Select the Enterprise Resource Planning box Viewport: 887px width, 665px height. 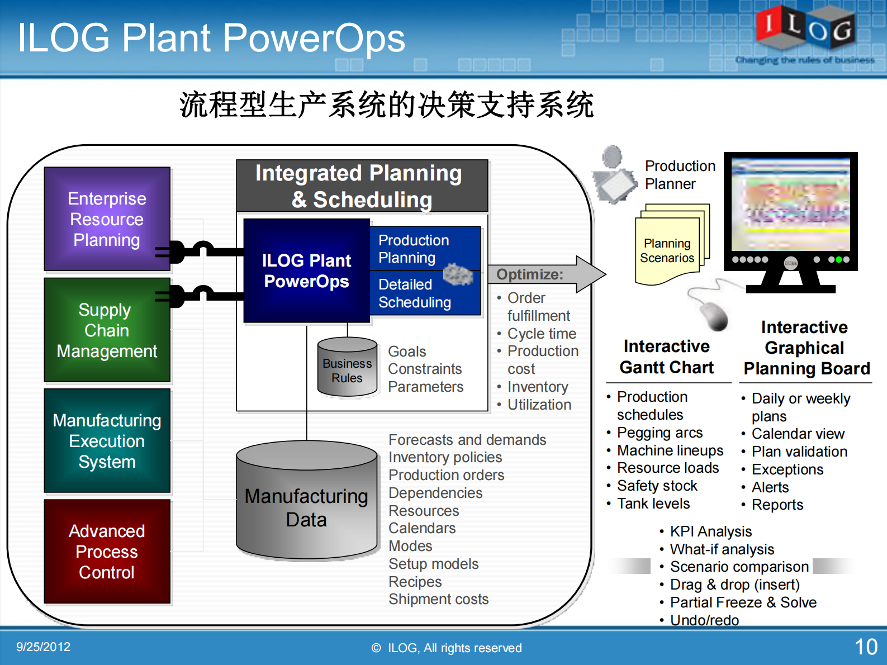(107, 219)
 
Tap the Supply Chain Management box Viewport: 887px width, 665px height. (107, 330)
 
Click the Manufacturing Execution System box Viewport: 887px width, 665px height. (107, 441)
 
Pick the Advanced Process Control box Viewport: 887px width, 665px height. (107, 552)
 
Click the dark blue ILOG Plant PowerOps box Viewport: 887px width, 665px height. (306, 271)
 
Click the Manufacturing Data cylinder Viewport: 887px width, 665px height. (306, 503)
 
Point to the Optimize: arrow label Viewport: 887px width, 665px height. (530, 274)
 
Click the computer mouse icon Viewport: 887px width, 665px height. (713, 314)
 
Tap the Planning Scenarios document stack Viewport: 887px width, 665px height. (670, 246)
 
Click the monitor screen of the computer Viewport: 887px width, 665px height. (790, 204)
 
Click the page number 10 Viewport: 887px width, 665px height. (866, 647)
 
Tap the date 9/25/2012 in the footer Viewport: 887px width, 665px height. (43, 647)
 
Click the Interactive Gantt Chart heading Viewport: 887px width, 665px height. (667, 357)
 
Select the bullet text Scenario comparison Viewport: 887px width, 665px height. (739, 567)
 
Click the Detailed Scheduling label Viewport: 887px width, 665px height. (414, 293)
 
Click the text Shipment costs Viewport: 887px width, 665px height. (438, 599)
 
